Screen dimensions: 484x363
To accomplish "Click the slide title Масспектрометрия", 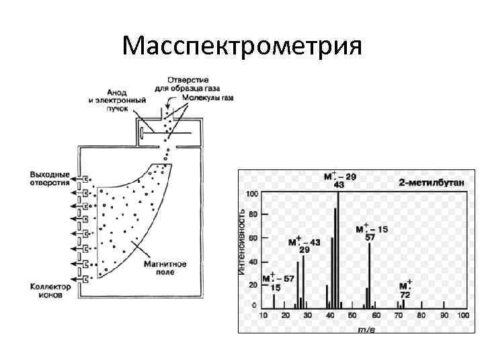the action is (x=243, y=46).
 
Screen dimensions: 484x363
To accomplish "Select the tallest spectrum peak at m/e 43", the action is (x=338, y=249).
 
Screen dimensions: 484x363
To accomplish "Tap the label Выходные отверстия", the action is (x=49, y=178).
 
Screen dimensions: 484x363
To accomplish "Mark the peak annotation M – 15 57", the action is (x=371, y=233).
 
